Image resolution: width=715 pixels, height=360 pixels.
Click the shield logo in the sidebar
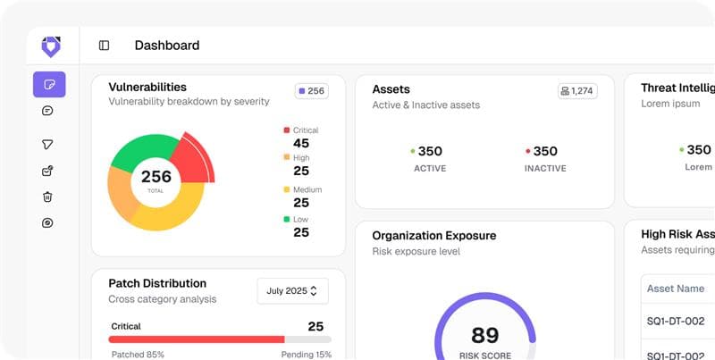pyautogui.click(x=50, y=46)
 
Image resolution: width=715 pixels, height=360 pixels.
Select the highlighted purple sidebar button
pyautogui.click(x=49, y=85)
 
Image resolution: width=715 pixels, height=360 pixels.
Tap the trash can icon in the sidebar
pyautogui.click(x=48, y=197)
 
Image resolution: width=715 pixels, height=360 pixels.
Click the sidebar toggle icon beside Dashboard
pyautogui.click(x=105, y=46)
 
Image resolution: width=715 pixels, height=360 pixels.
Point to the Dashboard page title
pyautogui.click(x=167, y=46)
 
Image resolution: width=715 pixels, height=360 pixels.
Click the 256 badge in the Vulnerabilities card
pyautogui.click(x=311, y=90)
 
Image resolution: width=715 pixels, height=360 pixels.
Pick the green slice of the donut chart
pyautogui.click(x=143, y=149)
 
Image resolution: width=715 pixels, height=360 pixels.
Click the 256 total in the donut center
pyautogui.click(x=156, y=177)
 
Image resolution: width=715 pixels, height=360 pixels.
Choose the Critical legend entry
pyautogui.click(x=301, y=137)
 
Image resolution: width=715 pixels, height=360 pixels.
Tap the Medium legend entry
pyautogui.click(x=301, y=197)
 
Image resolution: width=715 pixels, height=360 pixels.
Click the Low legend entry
pyautogui.click(x=301, y=226)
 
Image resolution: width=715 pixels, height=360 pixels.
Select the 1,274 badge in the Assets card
pyautogui.click(x=577, y=90)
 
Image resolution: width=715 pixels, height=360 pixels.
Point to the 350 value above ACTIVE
pyautogui.click(x=429, y=151)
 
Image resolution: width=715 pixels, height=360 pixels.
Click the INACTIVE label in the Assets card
pyautogui.click(x=545, y=168)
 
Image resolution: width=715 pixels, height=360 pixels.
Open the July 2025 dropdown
pyautogui.click(x=292, y=291)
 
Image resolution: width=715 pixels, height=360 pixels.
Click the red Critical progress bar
pyautogui.click(x=197, y=339)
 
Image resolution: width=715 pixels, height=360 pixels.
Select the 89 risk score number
pyautogui.click(x=485, y=335)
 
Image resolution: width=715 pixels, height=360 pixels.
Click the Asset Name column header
pyautogui.click(x=676, y=289)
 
